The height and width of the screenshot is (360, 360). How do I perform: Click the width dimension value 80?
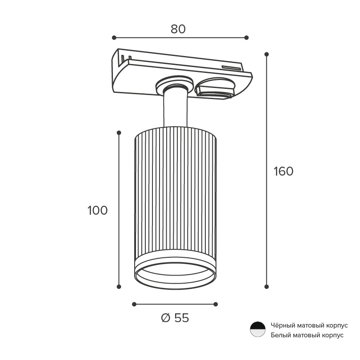point(178,29)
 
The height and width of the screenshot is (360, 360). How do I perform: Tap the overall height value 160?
point(284,171)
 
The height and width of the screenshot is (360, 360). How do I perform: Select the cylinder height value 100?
point(98,210)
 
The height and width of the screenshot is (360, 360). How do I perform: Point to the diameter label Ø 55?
point(175,318)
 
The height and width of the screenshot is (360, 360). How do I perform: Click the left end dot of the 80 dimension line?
point(114,38)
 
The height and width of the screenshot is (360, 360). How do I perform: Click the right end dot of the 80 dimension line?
point(246,38)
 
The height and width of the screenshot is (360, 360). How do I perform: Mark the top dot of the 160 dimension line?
point(267,54)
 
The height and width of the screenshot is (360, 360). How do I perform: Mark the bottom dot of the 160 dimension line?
point(267,287)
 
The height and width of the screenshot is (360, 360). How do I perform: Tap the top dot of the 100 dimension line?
point(119,133)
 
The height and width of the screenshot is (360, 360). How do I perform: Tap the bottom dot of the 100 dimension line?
point(119,287)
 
